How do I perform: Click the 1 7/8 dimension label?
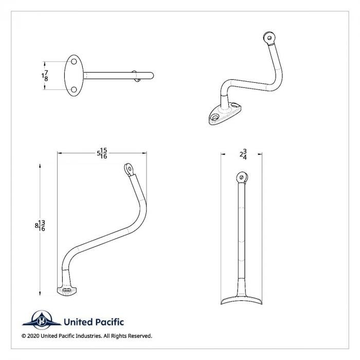(x=45, y=76)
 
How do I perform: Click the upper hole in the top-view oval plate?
(x=74, y=62)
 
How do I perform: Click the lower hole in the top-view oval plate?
(x=74, y=89)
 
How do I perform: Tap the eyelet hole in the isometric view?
(x=266, y=37)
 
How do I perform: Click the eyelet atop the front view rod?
(x=242, y=177)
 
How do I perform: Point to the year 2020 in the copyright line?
(x=34, y=336)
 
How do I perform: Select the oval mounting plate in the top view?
(x=74, y=76)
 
